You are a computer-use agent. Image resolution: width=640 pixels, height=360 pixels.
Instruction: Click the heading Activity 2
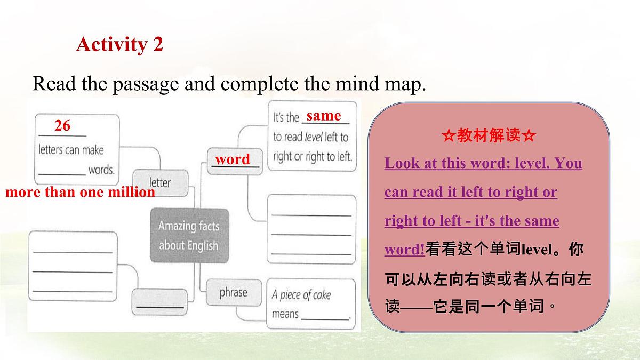tap(119, 44)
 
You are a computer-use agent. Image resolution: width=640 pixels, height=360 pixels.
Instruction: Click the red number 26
tap(62, 126)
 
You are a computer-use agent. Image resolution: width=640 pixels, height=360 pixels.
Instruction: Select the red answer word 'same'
tap(324, 116)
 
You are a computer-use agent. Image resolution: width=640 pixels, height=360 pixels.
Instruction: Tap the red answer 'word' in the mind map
tap(233, 159)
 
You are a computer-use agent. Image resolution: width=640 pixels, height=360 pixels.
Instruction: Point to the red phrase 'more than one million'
tap(80, 192)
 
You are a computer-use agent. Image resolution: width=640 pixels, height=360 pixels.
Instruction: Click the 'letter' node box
tap(159, 182)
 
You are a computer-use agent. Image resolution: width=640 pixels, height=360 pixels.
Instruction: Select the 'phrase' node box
tap(233, 292)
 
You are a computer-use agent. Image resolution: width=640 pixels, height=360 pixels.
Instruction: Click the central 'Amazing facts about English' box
tap(188, 235)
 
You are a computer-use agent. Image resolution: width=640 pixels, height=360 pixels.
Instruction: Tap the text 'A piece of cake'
tap(301, 295)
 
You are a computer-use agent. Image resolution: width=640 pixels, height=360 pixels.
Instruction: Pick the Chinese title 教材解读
tap(489, 136)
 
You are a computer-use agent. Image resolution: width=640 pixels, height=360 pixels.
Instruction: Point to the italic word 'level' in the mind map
tap(314, 137)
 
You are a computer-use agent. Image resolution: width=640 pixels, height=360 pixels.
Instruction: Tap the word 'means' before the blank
tap(285, 314)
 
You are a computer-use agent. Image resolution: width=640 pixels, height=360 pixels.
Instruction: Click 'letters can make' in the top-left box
tap(71, 150)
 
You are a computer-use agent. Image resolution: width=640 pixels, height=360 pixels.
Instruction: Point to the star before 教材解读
tap(448, 136)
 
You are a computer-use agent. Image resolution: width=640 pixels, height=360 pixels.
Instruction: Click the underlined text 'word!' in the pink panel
tap(404, 250)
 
